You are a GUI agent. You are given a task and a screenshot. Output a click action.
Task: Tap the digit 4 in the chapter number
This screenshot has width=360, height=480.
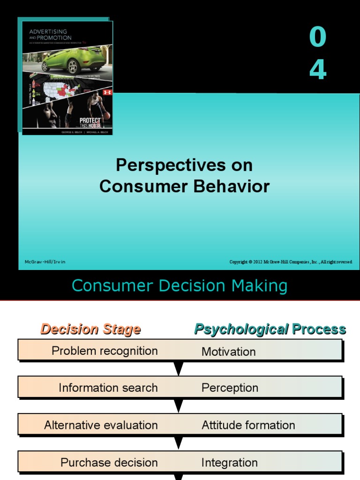(x=318, y=70)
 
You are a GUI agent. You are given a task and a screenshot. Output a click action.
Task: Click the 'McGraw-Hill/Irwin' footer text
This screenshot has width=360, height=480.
(x=45, y=262)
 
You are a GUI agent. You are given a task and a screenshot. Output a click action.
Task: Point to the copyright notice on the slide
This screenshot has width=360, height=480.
(x=291, y=262)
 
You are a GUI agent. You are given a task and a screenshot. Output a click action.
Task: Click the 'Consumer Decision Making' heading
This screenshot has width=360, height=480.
(x=180, y=285)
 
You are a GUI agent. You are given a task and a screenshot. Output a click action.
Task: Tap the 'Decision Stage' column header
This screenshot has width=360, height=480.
(x=90, y=329)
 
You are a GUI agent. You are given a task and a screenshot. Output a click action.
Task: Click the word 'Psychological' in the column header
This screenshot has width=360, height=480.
(x=241, y=330)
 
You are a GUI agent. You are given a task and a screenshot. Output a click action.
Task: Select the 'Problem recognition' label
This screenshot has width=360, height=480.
(x=105, y=351)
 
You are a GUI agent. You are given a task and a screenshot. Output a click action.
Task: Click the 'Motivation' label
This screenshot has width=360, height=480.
(x=228, y=352)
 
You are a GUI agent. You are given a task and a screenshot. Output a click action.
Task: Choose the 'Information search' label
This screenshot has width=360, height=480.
(x=108, y=388)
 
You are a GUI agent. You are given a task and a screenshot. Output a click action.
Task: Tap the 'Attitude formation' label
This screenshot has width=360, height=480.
(x=248, y=425)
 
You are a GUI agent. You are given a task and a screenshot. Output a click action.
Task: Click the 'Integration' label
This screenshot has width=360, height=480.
(x=229, y=463)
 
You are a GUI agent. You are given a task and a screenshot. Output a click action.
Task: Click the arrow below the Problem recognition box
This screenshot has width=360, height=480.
(x=179, y=368)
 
